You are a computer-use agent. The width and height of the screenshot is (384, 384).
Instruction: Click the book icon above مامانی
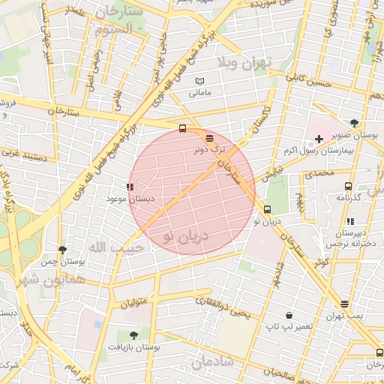click(199, 81)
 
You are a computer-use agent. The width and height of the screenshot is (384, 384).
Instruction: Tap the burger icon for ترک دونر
click(208, 137)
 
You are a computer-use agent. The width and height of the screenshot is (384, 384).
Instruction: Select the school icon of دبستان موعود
click(130, 186)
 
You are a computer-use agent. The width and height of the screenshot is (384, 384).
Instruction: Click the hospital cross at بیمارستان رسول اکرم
click(319, 139)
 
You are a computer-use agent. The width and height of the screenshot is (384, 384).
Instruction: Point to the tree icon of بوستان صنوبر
click(354, 121)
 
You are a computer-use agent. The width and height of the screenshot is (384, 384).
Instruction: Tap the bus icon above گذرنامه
click(347, 185)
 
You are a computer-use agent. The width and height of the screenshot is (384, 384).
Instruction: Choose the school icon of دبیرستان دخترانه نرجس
click(350, 221)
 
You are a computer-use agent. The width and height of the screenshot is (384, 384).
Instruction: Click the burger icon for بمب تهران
click(344, 304)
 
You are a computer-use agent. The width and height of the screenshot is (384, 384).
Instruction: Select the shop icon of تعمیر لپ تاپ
click(289, 315)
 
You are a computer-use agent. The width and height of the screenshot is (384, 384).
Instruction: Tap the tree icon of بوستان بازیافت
click(133, 335)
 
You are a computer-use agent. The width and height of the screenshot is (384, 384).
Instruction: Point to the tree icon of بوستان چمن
click(62, 250)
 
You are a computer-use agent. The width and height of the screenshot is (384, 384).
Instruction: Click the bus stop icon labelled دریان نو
click(268, 209)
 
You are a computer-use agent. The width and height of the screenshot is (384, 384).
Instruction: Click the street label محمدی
click(316, 173)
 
